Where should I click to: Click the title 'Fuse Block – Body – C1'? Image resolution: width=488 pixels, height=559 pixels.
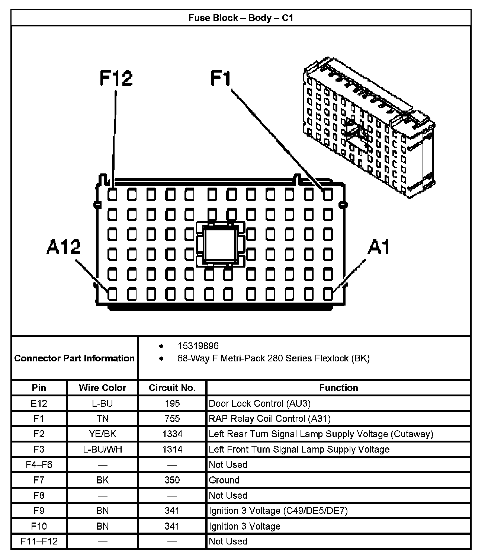tap(241, 18)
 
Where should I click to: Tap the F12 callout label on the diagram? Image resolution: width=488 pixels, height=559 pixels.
tap(116, 79)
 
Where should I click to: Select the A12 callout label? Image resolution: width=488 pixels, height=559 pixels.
tap(64, 247)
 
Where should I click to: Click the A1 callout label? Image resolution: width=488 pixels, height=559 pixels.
tap(379, 247)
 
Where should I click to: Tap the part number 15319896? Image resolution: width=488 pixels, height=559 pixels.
tap(198, 346)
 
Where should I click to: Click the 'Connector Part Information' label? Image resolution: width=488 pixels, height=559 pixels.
tap(74, 358)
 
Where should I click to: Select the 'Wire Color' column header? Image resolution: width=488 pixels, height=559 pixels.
tap(102, 388)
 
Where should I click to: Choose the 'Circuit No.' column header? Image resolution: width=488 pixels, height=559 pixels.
tap(172, 388)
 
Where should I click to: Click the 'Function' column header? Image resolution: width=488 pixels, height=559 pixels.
tap(338, 388)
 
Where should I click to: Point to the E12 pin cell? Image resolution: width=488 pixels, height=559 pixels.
tap(39, 403)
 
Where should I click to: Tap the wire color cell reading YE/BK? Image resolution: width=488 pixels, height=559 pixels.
tap(102, 434)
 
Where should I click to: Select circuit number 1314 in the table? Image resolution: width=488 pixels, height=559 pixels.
tap(172, 449)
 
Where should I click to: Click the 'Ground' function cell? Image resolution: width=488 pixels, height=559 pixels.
tap(224, 480)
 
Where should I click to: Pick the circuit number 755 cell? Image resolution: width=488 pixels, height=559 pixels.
tap(172, 419)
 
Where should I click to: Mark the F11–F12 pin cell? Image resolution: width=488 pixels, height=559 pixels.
tap(39, 542)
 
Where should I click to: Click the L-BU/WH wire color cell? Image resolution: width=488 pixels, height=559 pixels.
tap(102, 449)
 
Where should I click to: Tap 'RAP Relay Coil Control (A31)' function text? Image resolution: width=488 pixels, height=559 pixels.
tap(270, 419)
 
